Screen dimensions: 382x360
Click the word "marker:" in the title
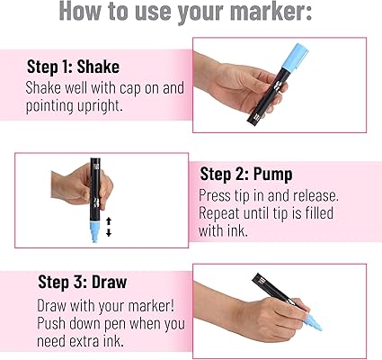click(x=271, y=11)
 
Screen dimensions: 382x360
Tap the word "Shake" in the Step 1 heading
click(x=98, y=67)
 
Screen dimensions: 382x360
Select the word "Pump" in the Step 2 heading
click(x=272, y=174)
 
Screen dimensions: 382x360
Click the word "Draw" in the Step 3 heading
click(x=109, y=282)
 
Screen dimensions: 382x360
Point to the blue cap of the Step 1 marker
click(x=296, y=57)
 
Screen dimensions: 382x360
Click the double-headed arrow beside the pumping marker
click(x=109, y=227)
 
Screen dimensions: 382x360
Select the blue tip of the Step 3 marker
click(x=312, y=322)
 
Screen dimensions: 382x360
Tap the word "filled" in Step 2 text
click(x=319, y=213)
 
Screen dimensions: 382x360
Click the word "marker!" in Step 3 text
click(x=151, y=306)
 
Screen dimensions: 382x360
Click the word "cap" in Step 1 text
click(x=130, y=88)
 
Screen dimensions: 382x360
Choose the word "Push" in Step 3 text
click(x=51, y=323)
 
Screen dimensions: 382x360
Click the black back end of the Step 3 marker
click(x=258, y=279)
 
